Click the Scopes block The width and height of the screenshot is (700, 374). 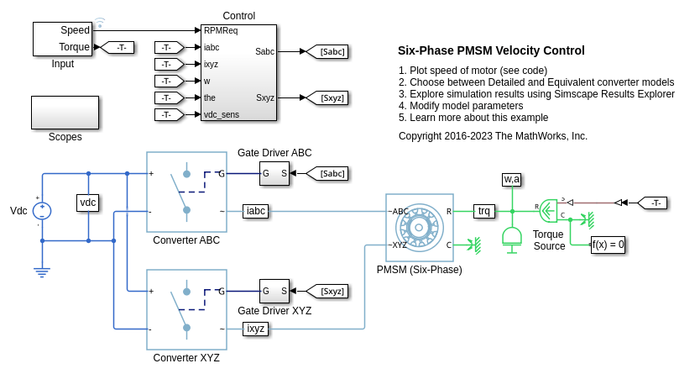(65, 112)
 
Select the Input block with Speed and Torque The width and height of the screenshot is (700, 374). (63, 38)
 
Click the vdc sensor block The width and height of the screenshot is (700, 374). (88, 203)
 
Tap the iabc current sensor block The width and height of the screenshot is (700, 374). (256, 211)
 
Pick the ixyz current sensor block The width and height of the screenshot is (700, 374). (256, 329)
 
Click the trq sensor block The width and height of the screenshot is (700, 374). (484, 211)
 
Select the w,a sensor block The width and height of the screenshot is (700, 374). (511, 179)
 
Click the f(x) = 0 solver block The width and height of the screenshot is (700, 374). (609, 245)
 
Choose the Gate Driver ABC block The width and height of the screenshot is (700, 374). (274, 173)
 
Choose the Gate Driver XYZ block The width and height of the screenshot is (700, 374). (274, 291)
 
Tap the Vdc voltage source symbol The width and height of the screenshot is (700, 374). (43, 210)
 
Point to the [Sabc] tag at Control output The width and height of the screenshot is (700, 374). (327, 52)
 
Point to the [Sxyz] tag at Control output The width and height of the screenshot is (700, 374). (327, 98)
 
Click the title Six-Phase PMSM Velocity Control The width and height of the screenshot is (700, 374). (491, 50)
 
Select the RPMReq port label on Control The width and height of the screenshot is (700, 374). (221, 30)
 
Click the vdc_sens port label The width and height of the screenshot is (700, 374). (222, 114)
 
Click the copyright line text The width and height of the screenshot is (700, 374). (493, 135)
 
